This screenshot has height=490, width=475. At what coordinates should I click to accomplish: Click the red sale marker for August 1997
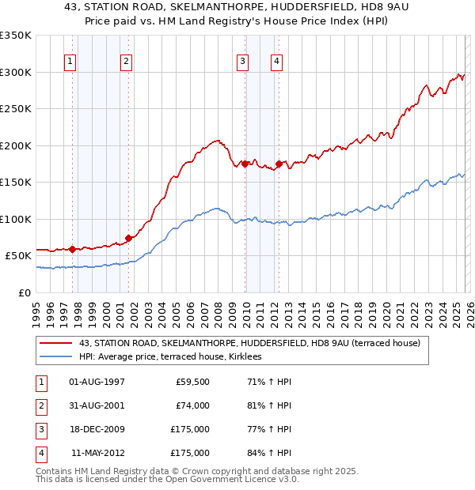(72, 249)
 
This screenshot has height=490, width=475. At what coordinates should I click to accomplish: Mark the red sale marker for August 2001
(128, 238)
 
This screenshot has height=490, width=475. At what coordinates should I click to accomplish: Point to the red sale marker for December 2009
(245, 164)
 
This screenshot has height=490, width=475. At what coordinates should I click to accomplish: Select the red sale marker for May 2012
(279, 164)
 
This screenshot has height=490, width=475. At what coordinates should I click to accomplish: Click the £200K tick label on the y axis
(16, 145)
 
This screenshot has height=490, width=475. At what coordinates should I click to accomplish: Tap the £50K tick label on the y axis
(18, 256)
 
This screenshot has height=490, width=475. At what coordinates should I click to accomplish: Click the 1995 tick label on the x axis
(36, 309)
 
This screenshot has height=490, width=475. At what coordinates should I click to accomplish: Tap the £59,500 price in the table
(192, 382)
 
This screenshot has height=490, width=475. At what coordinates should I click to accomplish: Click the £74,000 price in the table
(192, 405)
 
